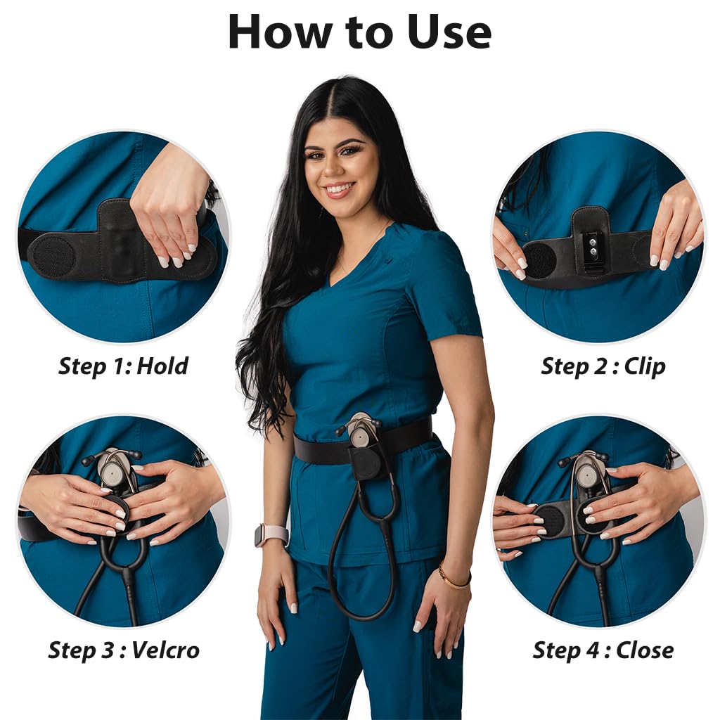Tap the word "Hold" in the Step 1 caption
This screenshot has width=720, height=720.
(x=162, y=366)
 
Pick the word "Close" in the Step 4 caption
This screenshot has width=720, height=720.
(x=645, y=650)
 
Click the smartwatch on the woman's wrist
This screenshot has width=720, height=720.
(x=271, y=534)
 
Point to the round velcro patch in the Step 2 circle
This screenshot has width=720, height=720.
(x=540, y=259)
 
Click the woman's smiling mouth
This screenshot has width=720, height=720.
(x=339, y=190)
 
